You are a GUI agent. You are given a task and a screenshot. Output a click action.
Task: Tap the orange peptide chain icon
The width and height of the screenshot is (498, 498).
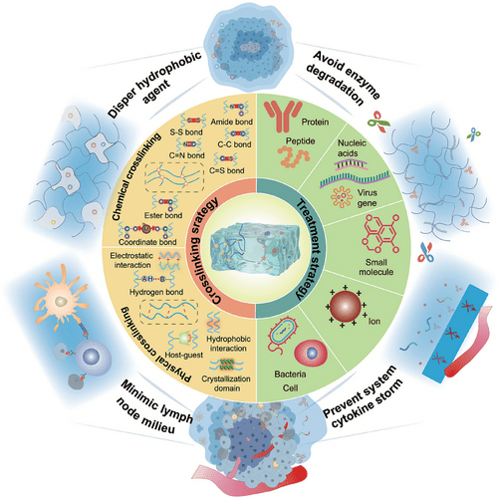point(294,156)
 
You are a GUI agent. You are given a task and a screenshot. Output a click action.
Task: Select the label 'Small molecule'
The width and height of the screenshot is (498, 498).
point(375,267)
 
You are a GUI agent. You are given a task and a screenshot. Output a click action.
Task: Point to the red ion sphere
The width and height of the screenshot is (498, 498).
point(346,306)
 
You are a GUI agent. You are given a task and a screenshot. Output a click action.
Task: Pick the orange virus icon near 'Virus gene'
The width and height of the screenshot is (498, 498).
point(342,197)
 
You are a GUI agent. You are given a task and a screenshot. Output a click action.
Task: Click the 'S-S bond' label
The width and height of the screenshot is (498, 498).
point(186,132)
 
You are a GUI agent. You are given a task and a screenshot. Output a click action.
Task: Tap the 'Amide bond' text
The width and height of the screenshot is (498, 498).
point(232,122)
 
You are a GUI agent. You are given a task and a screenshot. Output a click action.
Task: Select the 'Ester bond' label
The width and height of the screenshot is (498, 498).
point(163,215)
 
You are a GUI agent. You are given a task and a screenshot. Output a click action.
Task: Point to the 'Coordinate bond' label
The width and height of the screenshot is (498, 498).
point(147,242)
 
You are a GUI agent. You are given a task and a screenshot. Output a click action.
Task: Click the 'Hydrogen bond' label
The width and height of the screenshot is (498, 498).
point(156,292)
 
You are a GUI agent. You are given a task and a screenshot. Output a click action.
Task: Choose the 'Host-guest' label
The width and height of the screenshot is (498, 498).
point(184,355)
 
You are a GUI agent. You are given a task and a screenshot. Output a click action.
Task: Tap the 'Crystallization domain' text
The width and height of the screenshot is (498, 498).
point(226,383)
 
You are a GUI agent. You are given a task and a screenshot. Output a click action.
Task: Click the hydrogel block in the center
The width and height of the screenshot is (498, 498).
point(255,249)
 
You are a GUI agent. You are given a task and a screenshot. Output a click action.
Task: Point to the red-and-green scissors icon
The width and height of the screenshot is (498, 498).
point(378,122)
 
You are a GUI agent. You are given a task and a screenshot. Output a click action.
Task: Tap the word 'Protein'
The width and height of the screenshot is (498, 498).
point(315,123)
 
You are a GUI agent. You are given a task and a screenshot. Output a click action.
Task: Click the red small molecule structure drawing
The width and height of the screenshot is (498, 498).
point(380,234)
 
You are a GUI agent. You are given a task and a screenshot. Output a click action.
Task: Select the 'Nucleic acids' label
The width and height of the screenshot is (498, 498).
point(352,148)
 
